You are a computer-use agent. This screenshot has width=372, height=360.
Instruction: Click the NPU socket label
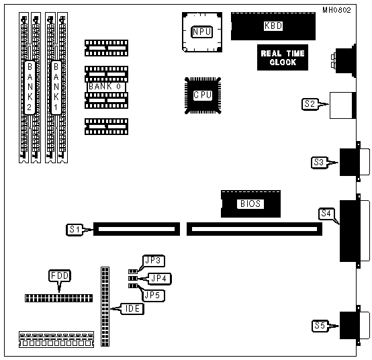[x=201, y=32]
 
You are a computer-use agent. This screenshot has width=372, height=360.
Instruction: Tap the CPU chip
[x=203, y=95]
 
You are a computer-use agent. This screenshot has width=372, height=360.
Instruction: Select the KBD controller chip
[x=273, y=26]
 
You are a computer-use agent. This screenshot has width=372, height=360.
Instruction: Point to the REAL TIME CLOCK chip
[x=283, y=58]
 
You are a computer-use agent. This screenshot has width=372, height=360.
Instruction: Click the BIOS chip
[x=250, y=204]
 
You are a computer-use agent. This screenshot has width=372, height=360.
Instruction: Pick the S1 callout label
[x=75, y=230]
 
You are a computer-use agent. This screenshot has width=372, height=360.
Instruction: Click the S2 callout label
[x=310, y=104]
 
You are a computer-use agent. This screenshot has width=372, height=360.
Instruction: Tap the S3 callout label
[x=319, y=163]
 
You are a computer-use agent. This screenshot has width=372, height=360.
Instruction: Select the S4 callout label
[x=326, y=214]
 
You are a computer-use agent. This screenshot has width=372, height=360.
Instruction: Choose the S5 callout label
[x=320, y=326]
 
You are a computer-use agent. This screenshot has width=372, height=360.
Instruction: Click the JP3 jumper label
[x=153, y=261]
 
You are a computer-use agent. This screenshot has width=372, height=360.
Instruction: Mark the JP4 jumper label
[x=159, y=278]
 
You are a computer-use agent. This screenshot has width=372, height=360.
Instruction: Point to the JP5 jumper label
[x=153, y=296]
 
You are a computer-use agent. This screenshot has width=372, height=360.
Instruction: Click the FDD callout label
[x=60, y=276]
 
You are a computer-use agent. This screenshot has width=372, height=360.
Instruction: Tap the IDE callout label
[x=132, y=309]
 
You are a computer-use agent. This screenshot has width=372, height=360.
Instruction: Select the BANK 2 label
[x=30, y=87]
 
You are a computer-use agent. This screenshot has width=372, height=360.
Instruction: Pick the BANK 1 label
[x=56, y=87]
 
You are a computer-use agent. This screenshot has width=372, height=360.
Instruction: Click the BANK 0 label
[x=105, y=87]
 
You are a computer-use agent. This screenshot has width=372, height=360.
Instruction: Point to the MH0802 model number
[x=336, y=10]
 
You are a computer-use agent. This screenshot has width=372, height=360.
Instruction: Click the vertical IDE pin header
[x=105, y=306]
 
